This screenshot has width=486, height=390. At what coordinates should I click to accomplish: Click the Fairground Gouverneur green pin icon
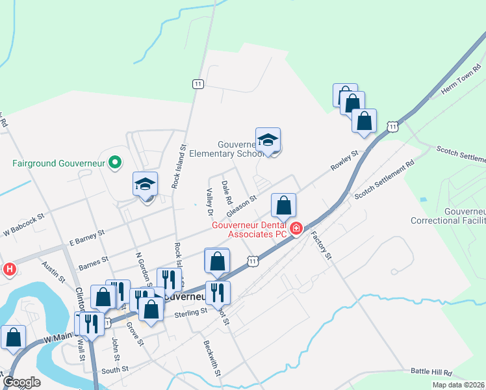point(115,162)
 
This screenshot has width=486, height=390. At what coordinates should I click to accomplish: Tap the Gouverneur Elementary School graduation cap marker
point(268,140)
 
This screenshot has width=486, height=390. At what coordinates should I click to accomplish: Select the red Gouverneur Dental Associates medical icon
point(296,227)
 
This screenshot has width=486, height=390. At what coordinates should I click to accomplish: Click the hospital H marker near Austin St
point(10,268)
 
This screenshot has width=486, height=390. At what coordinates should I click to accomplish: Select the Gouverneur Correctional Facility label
point(448,216)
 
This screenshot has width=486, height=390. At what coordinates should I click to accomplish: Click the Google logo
point(21,383)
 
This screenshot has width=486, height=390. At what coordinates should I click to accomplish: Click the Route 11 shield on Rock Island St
point(198,84)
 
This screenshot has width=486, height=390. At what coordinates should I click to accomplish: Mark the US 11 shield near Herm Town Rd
point(392,126)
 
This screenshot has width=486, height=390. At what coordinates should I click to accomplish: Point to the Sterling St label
point(190,311)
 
